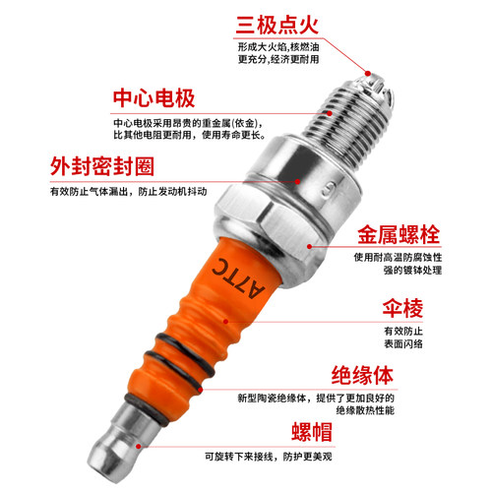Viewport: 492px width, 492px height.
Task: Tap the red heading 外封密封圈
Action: coord(102,164)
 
